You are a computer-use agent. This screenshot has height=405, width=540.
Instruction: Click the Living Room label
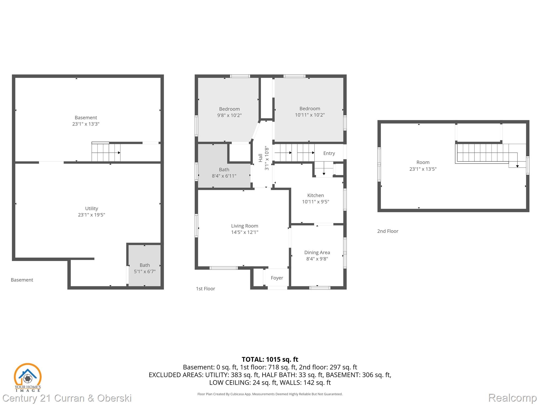[244, 226]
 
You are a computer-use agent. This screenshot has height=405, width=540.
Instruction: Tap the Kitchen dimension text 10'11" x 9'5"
[315, 202]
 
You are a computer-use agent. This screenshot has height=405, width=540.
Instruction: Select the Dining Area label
[317, 253]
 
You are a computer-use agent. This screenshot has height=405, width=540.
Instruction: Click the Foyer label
[277, 278]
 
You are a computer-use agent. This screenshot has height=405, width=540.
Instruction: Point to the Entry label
[329, 153]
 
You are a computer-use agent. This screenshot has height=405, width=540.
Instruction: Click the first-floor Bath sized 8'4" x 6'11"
[224, 173]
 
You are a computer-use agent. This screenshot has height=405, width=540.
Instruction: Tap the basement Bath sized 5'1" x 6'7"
[144, 268]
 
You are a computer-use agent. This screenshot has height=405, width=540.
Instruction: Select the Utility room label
[91, 209]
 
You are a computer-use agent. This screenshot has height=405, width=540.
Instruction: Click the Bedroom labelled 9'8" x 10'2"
[229, 112]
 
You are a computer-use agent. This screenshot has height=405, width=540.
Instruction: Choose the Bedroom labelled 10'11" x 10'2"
[310, 112]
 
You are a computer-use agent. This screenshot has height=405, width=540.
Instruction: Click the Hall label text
[261, 158]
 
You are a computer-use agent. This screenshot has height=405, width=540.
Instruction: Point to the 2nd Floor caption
[388, 231]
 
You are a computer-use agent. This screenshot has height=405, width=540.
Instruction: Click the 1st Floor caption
[205, 289]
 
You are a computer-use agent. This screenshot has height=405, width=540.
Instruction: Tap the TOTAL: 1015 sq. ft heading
[270, 359]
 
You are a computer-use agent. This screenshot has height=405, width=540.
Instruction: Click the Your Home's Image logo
[27, 377]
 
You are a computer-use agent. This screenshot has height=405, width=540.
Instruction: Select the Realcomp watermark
[512, 398]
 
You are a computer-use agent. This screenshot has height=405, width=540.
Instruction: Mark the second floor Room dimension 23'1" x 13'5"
[423, 169]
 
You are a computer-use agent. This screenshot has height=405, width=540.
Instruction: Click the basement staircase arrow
[119, 153]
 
